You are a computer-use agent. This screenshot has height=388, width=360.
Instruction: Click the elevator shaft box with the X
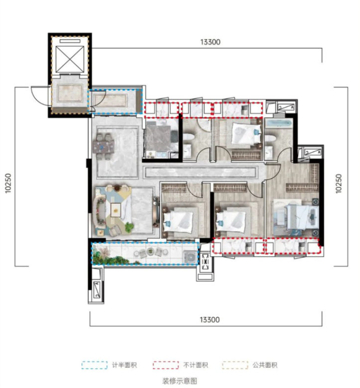[70, 59]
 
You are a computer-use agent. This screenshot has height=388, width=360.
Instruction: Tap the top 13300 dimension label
[210, 42]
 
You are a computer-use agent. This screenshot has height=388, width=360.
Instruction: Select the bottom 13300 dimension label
[210, 320]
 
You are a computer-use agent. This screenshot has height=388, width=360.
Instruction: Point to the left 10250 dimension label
[8, 183]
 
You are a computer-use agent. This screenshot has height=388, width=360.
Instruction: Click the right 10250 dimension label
[338, 183]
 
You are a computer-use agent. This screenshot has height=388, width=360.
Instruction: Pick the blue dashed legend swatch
[95, 365]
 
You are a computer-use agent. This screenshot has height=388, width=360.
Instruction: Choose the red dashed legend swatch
[166, 365]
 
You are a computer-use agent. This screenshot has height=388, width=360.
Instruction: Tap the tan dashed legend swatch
[235, 365]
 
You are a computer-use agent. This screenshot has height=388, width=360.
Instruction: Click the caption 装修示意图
[179, 381]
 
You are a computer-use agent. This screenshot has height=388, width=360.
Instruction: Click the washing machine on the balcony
[190, 258]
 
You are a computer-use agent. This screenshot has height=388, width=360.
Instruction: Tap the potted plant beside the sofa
[129, 227]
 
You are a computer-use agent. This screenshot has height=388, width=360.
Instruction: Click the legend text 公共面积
[265, 365]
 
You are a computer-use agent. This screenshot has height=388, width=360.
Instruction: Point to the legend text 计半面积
[124, 365]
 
